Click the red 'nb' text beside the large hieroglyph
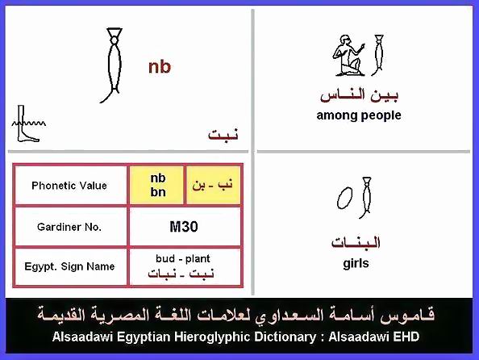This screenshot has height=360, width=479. [x=160, y=67]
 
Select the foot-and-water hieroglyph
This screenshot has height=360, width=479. [x=28, y=123]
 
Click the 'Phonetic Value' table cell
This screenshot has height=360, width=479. [x=69, y=186]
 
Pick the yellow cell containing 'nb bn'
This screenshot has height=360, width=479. [x=157, y=185]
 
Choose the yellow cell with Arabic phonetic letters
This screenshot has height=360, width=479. [x=213, y=185]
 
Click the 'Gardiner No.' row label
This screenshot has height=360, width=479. [x=69, y=227]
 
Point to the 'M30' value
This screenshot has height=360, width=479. [x=184, y=227]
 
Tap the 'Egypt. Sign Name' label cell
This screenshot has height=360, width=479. [x=69, y=266]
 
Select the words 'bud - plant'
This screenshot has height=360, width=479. [x=183, y=259]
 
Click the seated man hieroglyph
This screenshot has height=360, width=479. [x=349, y=56]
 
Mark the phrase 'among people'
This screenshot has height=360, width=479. [x=359, y=115]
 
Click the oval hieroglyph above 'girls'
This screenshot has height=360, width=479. [x=344, y=198]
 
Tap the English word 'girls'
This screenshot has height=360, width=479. [x=356, y=263]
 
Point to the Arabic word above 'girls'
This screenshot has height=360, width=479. [x=356, y=242]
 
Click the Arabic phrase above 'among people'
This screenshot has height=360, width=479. [x=360, y=94]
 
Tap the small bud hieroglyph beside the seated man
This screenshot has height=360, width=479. [x=378, y=56]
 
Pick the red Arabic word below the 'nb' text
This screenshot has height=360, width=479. [x=223, y=134]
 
